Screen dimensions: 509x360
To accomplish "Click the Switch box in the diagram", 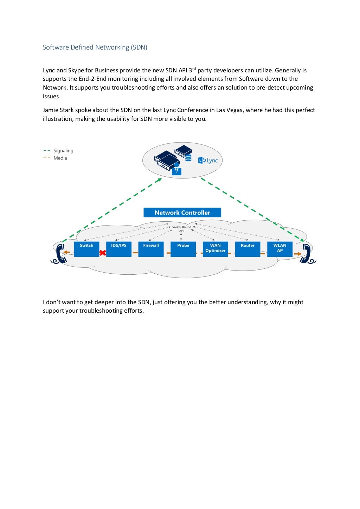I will [x=86, y=249].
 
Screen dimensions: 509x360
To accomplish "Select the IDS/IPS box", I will [x=119, y=249].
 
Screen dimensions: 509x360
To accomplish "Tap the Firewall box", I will [x=151, y=249].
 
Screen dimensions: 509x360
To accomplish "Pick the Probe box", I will [x=183, y=249].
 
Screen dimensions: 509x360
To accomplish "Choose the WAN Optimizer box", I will [x=216, y=249].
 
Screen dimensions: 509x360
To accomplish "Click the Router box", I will [x=247, y=249].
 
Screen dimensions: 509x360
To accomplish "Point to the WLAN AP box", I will [x=280, y=249].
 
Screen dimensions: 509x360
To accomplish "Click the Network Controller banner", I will [x=182, y=213].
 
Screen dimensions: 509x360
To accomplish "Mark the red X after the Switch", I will [x=103, y=253].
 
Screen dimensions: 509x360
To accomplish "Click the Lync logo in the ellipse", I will [x=208, y=161].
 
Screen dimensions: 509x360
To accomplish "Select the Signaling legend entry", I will [x=63, y=151].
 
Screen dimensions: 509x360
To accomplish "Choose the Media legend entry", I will [x=60, y=158].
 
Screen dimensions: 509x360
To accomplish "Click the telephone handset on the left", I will [x=60, y=254].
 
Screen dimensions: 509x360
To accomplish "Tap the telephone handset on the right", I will [x=306, y=254].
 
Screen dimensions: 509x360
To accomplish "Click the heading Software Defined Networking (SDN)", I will [x=95, y=47].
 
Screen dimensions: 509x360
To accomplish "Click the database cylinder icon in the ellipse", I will [x=188, y=158].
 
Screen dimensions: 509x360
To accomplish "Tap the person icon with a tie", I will [x=176, y=169].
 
